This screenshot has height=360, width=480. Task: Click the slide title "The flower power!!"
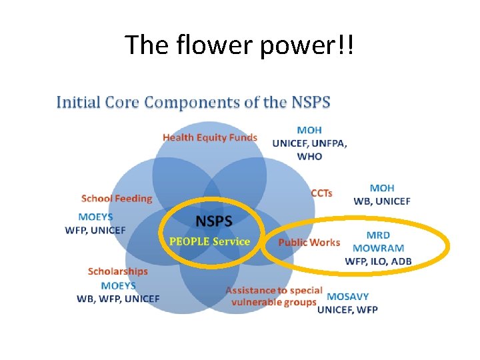click(239, 45)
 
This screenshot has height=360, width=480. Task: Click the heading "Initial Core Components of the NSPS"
click(193, 103)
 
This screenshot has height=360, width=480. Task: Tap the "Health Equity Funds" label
click(210, 137)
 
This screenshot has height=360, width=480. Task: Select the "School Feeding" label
click(117, 198)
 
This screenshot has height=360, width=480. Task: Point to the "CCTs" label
click(322, 193)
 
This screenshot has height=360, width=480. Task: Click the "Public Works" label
click(309, 242)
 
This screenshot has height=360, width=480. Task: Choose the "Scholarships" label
click(118, 271)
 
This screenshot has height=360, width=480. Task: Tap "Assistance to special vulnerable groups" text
click(273, 296)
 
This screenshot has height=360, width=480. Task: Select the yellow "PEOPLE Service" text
click(210, 241)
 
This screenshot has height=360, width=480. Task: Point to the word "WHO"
click(309, 156)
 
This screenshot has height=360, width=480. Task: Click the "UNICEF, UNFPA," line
click(309, 143)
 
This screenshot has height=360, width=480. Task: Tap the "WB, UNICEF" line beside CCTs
click(381, 201)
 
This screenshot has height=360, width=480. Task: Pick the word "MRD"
click(378, 235)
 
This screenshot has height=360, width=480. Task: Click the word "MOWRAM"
click(378, 248)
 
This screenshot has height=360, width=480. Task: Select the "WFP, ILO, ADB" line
click(378, 261)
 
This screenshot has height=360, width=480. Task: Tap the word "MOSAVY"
click(347, 297)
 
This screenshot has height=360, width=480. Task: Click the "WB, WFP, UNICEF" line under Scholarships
click(118, 298)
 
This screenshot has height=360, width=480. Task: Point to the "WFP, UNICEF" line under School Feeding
click(95, 230)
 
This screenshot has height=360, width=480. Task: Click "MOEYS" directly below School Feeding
click(95, 217)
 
